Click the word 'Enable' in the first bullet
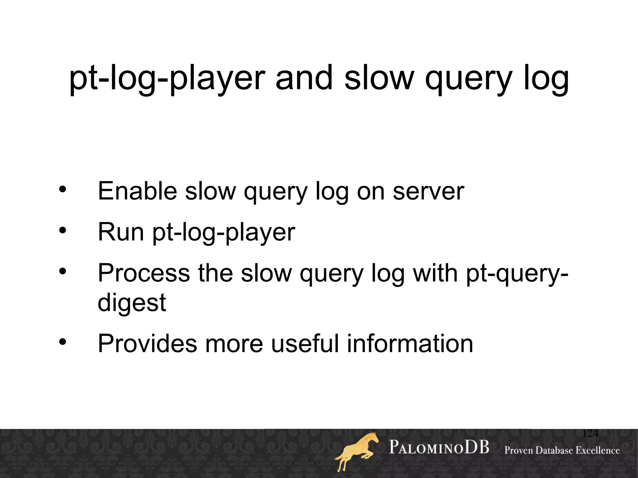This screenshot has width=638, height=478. [137, 191]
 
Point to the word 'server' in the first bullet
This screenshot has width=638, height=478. [428, 191]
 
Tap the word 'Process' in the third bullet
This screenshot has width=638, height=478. [144, 273]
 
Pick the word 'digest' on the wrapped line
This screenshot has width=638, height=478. [132, 303]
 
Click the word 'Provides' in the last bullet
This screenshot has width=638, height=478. [147, 343]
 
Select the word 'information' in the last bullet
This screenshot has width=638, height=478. [410, 343]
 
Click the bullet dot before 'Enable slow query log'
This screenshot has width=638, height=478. [63, 189]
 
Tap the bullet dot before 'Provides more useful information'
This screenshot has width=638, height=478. [63, 342]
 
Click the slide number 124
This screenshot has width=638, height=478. [590, 433]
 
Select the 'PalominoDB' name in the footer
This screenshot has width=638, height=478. [439, 447]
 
